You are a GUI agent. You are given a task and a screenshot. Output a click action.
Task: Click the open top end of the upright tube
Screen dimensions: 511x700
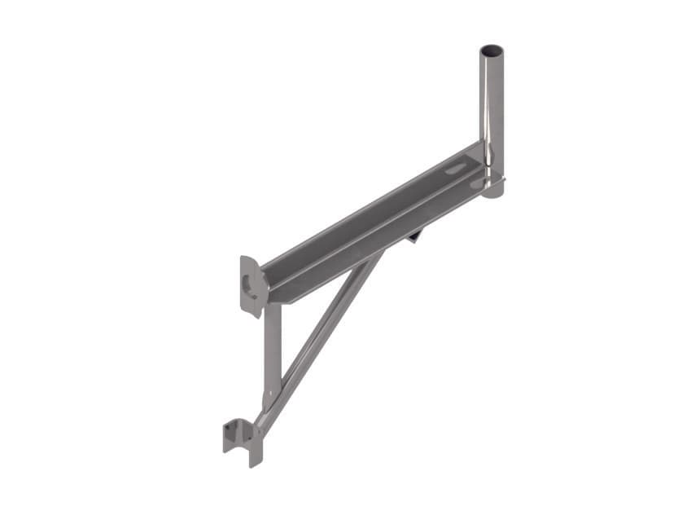pyautogui.click(x=492, y=51)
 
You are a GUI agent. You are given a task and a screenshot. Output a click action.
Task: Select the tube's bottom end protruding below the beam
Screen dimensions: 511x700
pyautogui.click(x=492, y=190)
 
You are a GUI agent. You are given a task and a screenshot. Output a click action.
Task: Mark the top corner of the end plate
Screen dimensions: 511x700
pyautogui.click(x=243, y=259)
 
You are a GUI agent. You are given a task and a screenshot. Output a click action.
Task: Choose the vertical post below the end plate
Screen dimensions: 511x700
pyautogui.click(x=272, y=350)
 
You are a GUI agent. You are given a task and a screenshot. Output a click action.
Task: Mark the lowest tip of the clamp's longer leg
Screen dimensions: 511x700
pyautogui.click(x=256, y=465)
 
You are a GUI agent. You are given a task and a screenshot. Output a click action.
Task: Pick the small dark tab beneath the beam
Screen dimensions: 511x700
pyautogui.click(x=415, y=236)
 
